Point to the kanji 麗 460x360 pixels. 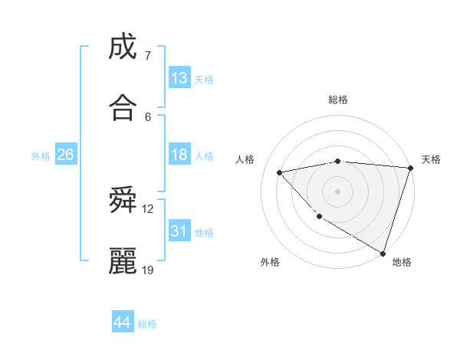pos(123,261)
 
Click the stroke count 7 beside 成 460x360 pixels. pos(147,55)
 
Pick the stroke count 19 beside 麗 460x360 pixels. pos(148,270)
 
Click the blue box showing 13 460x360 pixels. pos(179,78)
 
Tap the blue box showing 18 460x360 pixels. pos(179,155)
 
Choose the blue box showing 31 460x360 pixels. pos(179,231)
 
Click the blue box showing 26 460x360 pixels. pos(65,155)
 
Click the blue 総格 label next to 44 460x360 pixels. pos(147,324)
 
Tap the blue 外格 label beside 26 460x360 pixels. pos(41,156)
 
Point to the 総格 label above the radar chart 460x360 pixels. pos(338,100)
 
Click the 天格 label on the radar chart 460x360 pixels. pos(431,159)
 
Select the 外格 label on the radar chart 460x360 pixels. pos(270,262)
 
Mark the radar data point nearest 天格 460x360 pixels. pos(411,168)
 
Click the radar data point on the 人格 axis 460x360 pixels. pos(280,172)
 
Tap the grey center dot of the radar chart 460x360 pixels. pos(337,191)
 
